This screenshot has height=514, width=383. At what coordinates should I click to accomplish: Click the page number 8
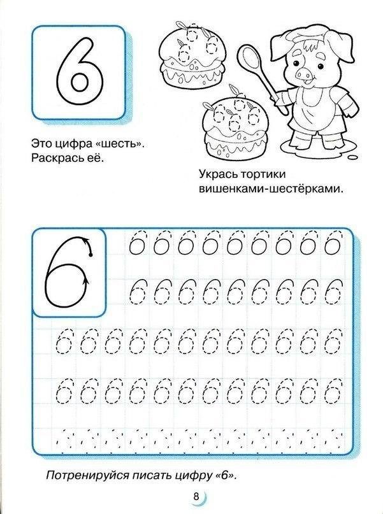pos(196,496)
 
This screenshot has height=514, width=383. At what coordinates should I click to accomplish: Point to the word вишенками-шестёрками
pos(271,189)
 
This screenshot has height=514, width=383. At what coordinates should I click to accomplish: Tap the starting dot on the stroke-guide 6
pos(90,255)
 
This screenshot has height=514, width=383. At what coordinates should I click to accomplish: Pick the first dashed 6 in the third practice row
pos(64,341)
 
